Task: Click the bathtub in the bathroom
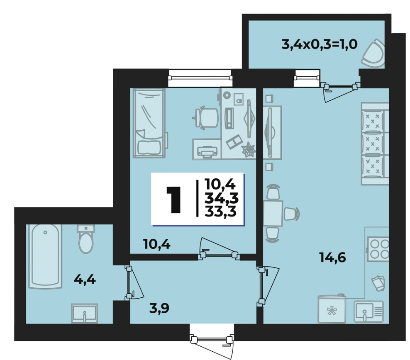point(45,256)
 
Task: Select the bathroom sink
point(85,313)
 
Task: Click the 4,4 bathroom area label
point(85,280)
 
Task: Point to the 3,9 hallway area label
point(159,308)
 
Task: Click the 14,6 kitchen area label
point(332,258)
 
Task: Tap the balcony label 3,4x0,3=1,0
point(319,44)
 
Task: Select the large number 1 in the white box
point(173,200)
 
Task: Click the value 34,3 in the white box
point(221,199)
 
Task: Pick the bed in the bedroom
point(149,123)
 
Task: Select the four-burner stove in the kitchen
point(378,248)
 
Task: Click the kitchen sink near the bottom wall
point(369,311)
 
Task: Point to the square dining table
point(273,214)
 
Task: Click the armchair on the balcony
point(373,53)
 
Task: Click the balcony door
point(340,90)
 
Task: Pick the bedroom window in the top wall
point(200,78)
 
